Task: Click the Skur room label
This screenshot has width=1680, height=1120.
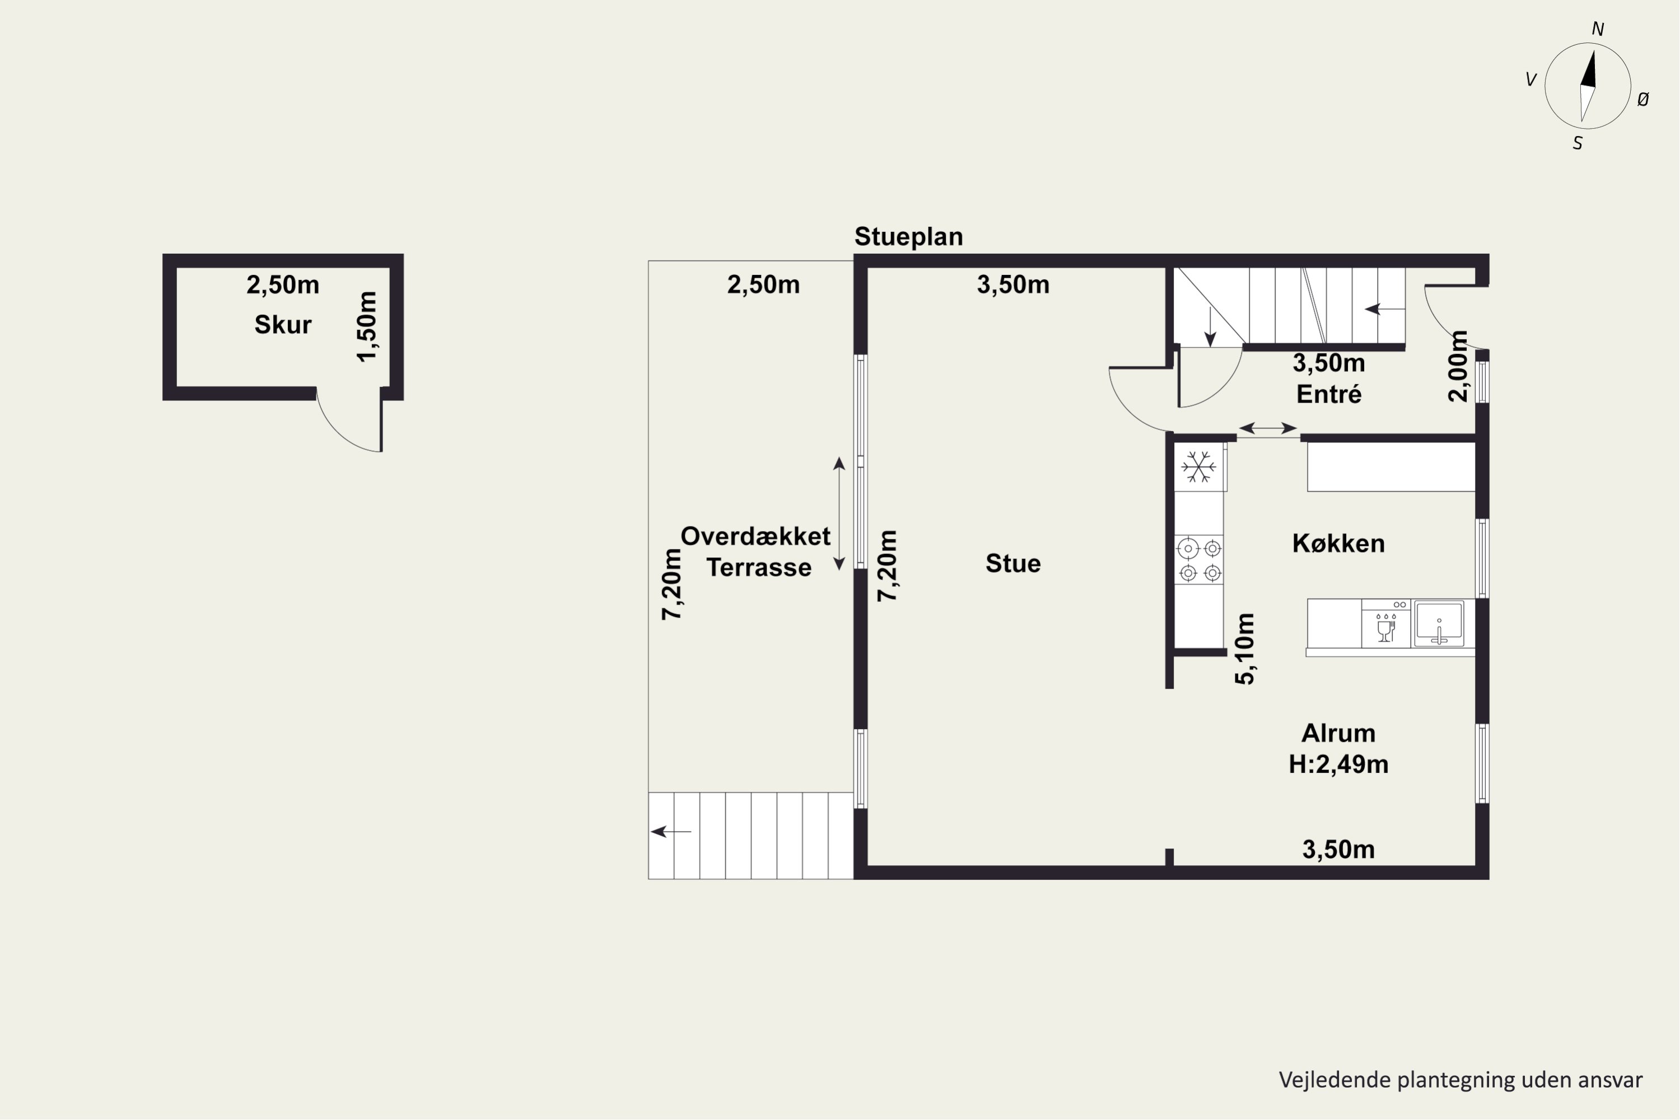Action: [x=283, y=325]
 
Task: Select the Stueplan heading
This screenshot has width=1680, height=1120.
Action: [x=908, y=236]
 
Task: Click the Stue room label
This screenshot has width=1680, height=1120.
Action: [x=1013, y=563]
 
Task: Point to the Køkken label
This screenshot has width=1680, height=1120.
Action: [x=1338, y=544]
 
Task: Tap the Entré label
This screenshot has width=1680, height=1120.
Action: [x=1328, y=394]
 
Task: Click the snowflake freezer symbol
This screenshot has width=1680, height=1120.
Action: [x=1198, y=468]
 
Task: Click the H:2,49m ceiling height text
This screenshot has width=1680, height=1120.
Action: [x=1338, y=765]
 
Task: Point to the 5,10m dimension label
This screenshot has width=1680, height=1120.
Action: [x=1244, y=648]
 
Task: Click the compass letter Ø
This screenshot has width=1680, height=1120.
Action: [x=1643, y=100]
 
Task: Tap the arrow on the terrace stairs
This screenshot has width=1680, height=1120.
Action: [x=671, y=832]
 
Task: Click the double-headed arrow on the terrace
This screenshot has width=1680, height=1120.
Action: [x=839, y=514]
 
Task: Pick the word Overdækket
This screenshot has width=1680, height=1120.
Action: [x=755, y=536]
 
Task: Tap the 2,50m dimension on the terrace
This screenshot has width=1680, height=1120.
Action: [x=764, y=285]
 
